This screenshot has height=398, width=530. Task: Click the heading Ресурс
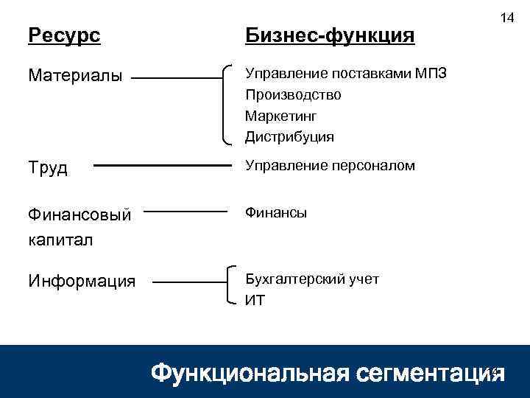coord(64,35)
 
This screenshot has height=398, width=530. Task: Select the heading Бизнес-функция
coord(330,35)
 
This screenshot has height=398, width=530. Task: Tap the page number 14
coord(507,17)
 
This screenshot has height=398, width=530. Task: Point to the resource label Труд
coord(48,168)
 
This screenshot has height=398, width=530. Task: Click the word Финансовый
coord(79,215)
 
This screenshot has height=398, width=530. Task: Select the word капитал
coord(62,240)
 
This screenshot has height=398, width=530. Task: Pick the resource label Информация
coord(82,281)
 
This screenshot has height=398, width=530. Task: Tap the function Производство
coord(293,95)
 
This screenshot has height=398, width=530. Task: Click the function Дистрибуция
coord(289,137)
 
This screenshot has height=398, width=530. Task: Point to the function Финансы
coord(276,212)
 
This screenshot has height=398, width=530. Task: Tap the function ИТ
coord(255,300)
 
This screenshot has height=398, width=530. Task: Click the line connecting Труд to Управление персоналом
coord(162,166)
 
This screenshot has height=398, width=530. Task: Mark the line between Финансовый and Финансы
coord(193,212)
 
